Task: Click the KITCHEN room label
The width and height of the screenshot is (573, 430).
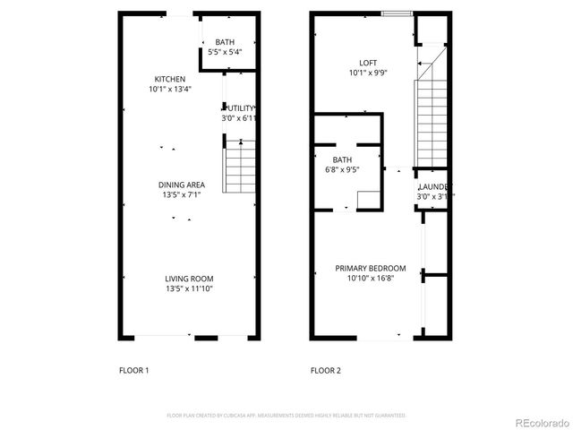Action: click(170, 79)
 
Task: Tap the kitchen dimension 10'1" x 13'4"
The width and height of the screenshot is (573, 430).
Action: click(170, 89)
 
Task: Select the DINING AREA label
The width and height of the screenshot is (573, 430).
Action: click(183, 185)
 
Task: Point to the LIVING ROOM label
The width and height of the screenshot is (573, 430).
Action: click(189, 278)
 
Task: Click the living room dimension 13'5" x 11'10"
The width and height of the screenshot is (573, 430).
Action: click(189, 288)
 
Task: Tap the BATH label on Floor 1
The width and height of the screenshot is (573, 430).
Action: click(225, 42)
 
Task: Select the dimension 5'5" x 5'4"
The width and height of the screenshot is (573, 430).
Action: click(225, 52)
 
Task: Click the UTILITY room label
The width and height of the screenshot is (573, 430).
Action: click(239, 107)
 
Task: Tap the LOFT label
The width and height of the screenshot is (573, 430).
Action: click(368, 63)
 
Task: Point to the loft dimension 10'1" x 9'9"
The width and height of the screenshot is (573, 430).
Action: click(368, 73)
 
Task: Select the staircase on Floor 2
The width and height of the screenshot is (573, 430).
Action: click(428, 116)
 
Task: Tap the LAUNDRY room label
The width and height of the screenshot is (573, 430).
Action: click(435, 186)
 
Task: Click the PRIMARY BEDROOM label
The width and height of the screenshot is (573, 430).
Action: click(371, 268)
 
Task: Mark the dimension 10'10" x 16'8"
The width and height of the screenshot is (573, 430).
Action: click(371, 278)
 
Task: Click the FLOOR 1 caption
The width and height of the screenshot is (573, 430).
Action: click(134, 369)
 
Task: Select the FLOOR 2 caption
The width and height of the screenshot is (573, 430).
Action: click(325, 369)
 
